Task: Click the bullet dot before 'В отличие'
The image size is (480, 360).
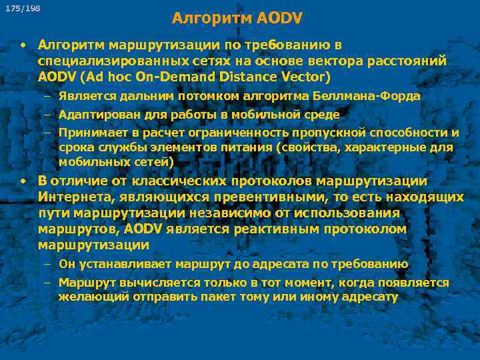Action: tap(23, 181)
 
